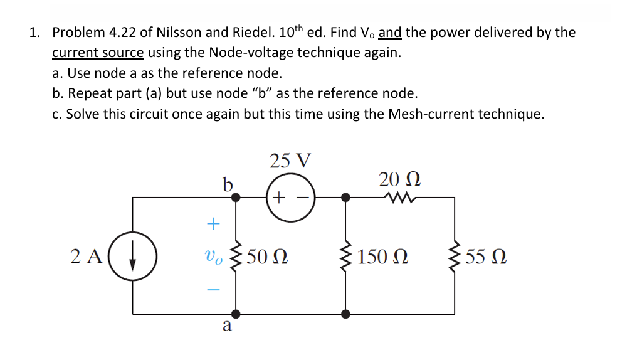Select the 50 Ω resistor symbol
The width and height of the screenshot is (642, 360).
coord(236,257)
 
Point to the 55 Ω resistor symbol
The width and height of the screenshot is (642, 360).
coord(455,257)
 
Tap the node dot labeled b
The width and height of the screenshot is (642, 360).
coord(236,197)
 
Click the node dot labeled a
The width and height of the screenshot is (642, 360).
coord(236,313)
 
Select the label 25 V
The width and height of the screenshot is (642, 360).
coord(290,161)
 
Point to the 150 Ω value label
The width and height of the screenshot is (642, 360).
coord(383,257)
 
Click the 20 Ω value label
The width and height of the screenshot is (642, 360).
coord(400,179)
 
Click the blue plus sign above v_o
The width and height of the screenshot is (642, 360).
coord(214,223)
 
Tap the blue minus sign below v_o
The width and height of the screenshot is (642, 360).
coord(214,290)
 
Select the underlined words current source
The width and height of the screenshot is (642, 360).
coord(98,52)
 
